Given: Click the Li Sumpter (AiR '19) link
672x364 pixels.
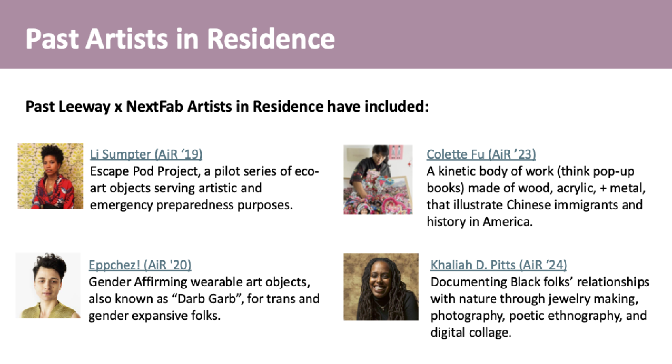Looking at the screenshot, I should (146, 154).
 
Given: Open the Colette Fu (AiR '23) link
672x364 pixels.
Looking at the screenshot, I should (481, 154).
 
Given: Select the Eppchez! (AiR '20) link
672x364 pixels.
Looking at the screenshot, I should (140, 265).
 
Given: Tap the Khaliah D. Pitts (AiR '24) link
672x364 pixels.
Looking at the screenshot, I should (498, 265).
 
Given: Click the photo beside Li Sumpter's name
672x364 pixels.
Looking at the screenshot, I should (51, 176).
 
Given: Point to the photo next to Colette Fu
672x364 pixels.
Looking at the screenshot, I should (378, 180).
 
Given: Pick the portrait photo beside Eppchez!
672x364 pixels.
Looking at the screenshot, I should (48, 286).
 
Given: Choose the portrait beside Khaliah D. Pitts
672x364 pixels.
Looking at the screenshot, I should (381, 287).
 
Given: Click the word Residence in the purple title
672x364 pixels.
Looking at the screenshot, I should (271, 39).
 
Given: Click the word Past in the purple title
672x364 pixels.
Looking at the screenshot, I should (52, 39).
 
